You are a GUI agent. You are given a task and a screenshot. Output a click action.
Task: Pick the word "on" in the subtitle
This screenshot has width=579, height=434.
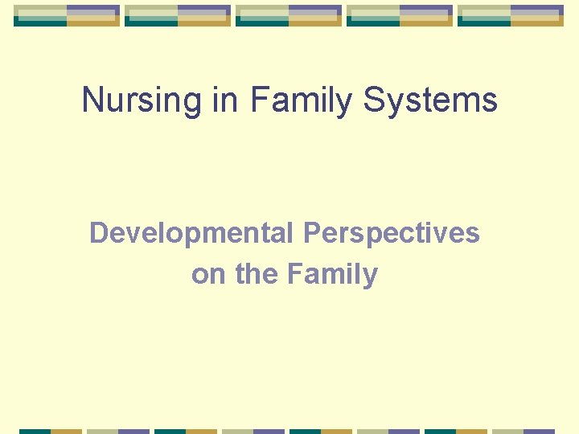pos(209,275)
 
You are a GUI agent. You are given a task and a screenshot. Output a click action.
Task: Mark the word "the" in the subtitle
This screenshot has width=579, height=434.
pos(256,275)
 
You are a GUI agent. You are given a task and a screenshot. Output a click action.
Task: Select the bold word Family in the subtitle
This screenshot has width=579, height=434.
pos(331,275)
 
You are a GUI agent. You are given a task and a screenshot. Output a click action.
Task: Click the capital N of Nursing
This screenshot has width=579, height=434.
pos(92,101)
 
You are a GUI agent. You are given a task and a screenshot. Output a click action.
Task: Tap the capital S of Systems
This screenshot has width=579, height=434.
pos(376,101)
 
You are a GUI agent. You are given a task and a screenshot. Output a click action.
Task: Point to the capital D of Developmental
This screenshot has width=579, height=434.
pos(98,233)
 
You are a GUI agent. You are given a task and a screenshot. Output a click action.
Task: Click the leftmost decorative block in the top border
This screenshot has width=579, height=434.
pos(67,15)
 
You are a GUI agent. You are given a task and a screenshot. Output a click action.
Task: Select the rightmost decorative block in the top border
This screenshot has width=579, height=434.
pos(511,15)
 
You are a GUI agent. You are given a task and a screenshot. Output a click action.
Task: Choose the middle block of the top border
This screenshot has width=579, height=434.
pos(289,15)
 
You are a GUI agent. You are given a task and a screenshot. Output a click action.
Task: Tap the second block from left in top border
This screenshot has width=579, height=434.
pos(178,15)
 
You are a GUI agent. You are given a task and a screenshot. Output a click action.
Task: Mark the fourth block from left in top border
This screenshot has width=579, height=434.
pos(400,15)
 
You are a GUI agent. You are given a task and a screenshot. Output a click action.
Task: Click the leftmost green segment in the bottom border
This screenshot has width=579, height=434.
pos(35,431)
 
